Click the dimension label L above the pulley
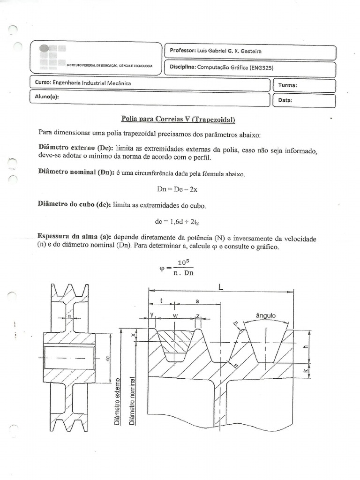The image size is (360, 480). (220, 285)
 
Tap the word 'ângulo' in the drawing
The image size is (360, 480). (266, 315)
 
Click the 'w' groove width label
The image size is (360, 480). (176, 315)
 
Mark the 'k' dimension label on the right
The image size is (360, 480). (305, 371)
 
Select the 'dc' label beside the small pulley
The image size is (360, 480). (108, 359)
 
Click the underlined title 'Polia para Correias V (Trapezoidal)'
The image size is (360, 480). (178, 120)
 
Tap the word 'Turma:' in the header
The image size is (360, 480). (287, 85)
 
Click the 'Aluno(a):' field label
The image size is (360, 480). (47, 97)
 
